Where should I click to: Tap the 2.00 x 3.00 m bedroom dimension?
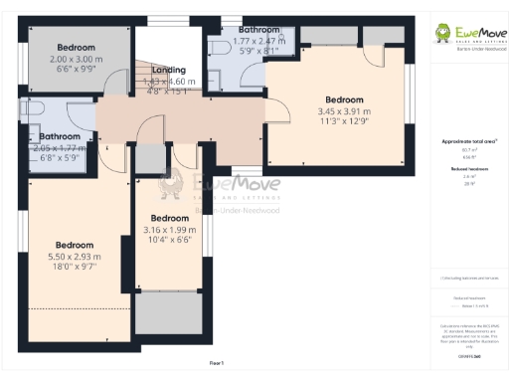[76, 59]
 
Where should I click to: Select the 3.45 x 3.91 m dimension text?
[344, 111]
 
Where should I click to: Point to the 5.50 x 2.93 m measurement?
[75, 257]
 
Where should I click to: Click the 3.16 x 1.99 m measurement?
[169, 229]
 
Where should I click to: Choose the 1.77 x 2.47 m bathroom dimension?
[259, 42]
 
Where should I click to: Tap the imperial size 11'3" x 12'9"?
[344, 122]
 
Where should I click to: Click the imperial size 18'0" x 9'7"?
[75, 268]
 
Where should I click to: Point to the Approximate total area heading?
[469, 141]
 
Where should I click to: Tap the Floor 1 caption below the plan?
[216, 362]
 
